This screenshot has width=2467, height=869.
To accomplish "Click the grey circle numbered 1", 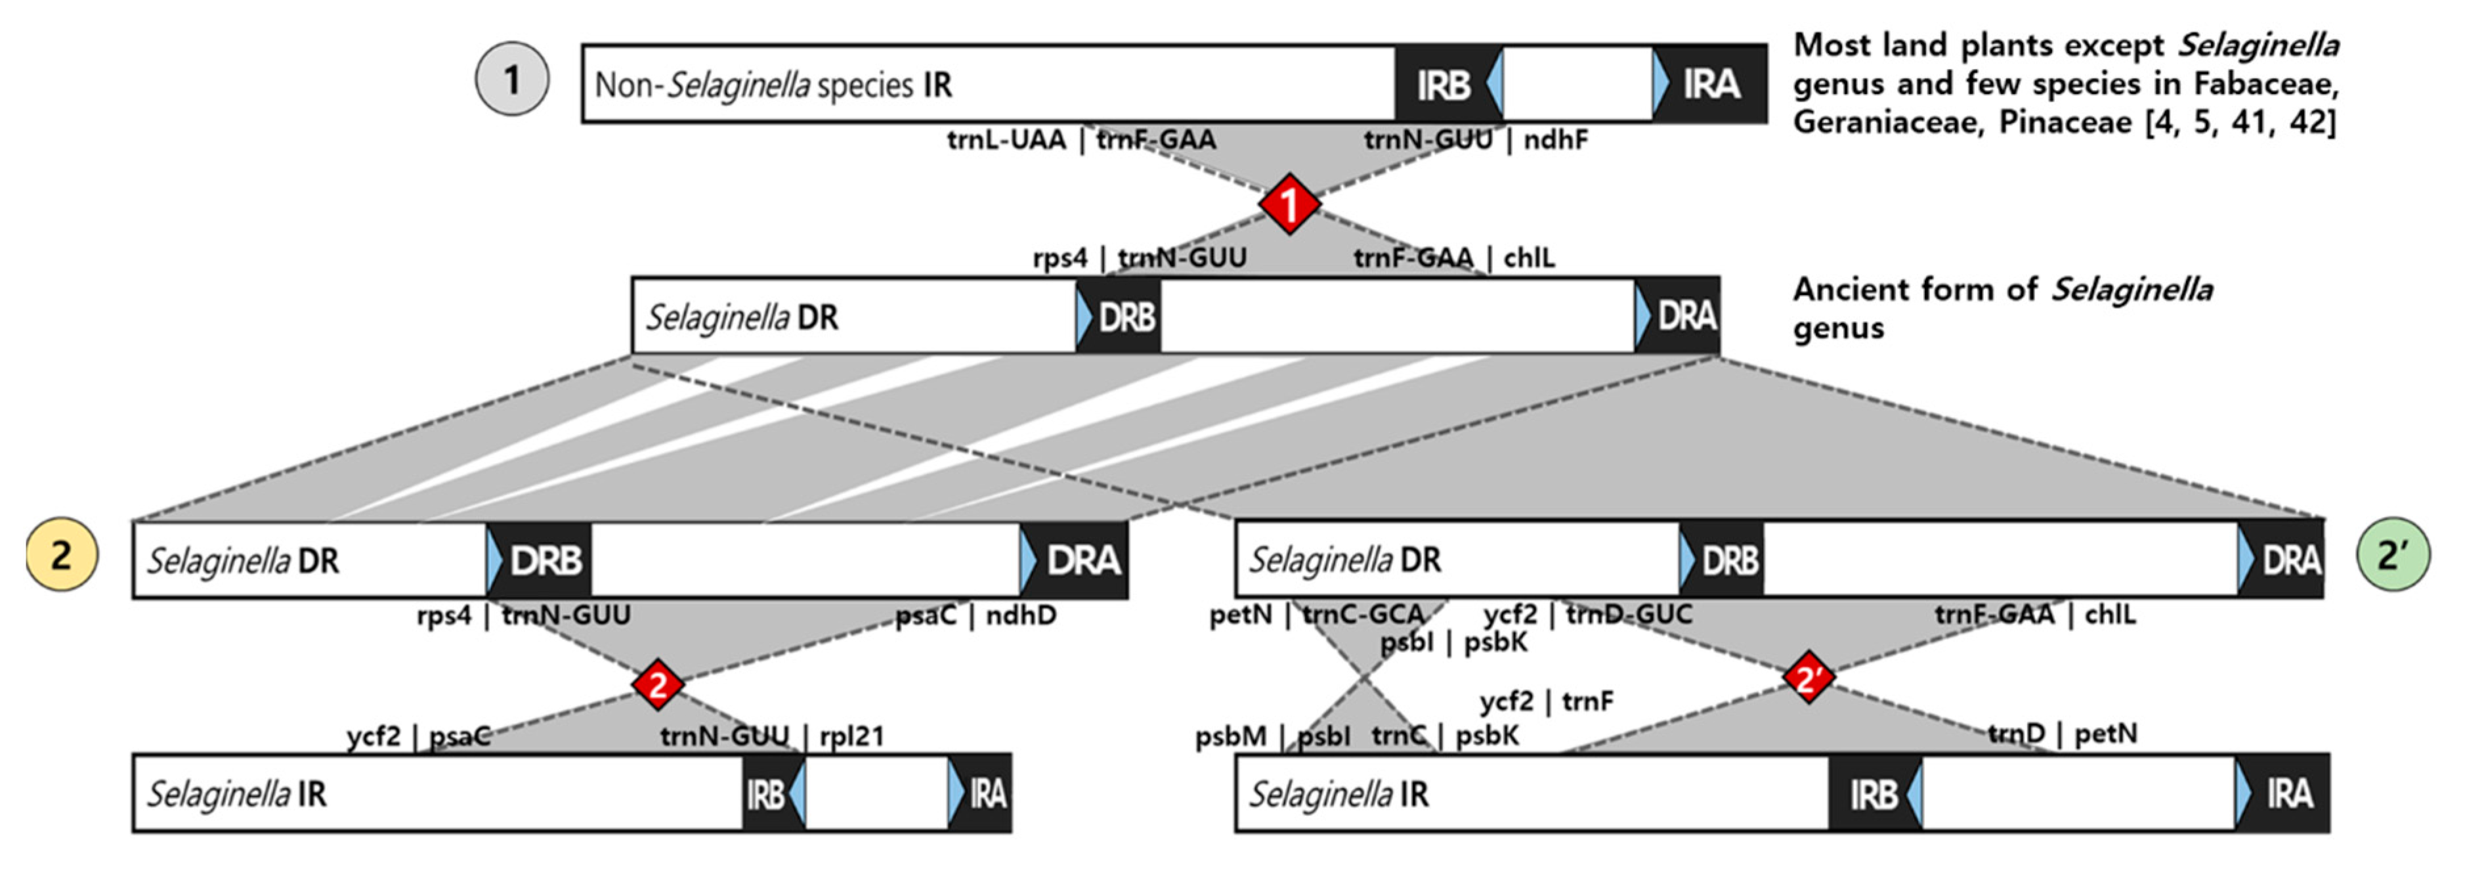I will pos(512,79).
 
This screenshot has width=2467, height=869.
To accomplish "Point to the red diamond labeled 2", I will pos(658,684).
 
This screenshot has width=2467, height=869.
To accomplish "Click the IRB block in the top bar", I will pos(1444,84).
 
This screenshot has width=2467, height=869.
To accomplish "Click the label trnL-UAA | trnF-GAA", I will pos(1081,140).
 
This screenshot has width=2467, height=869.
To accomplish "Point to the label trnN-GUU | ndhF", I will pos(1476,140).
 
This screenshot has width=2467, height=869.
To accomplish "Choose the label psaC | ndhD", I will pos(975,615).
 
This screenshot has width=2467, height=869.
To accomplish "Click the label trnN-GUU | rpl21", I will pos(772,736).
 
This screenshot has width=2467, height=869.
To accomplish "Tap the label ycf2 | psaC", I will pos(419,736).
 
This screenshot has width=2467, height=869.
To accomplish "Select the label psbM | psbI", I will pos(1272,736).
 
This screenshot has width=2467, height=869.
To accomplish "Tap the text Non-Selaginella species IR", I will pos(773,84).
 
